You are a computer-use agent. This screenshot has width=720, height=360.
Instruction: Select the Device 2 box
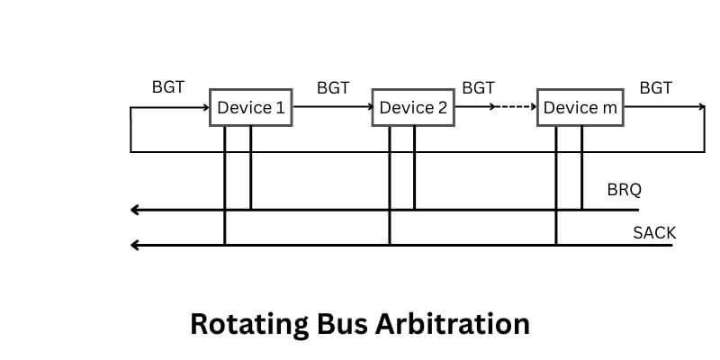point(413,108)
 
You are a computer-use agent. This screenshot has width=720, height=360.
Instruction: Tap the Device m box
point(580,108)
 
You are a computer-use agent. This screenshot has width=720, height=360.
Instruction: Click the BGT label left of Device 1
point(168,87)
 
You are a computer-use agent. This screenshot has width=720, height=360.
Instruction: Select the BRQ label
point(625,190)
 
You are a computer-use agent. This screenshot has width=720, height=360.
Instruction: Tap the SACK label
point(654,233)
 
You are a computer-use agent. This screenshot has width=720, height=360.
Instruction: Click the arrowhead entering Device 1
point(205,107)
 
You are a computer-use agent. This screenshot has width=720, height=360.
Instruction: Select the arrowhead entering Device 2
point(368,107)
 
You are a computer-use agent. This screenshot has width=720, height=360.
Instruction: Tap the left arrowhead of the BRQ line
point(135,210)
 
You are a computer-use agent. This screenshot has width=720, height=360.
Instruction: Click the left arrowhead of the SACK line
point(135,244)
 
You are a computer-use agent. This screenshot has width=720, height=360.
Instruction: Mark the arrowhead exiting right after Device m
point(702,107)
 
